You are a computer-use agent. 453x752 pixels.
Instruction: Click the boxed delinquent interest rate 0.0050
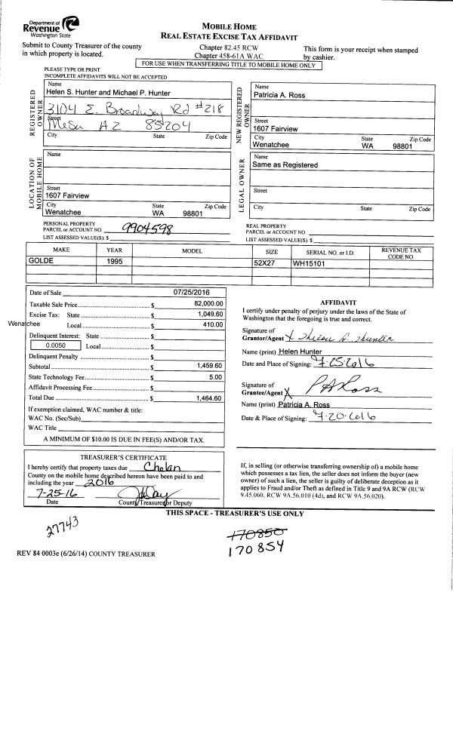pos(57,345)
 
